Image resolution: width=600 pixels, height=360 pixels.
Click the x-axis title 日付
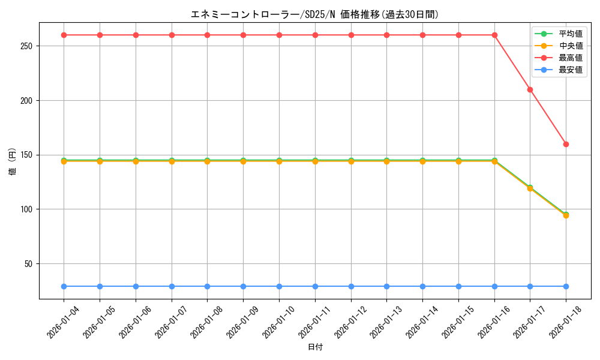click(x=315, y=347)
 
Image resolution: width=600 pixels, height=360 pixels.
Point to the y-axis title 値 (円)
click(x=13, y=161)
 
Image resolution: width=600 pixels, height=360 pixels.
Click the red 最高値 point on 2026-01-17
click(x=530, y=89)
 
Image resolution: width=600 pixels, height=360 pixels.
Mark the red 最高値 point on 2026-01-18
click(x=566, y=144)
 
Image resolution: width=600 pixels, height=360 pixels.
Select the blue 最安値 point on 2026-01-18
click(x=566, y=286)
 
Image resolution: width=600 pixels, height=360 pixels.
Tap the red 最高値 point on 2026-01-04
click(x=64, y=35)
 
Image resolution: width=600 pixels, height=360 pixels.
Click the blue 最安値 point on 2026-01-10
click(x=279, y=286)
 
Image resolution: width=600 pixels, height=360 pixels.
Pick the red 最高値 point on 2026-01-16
click(x=494, y=35)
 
